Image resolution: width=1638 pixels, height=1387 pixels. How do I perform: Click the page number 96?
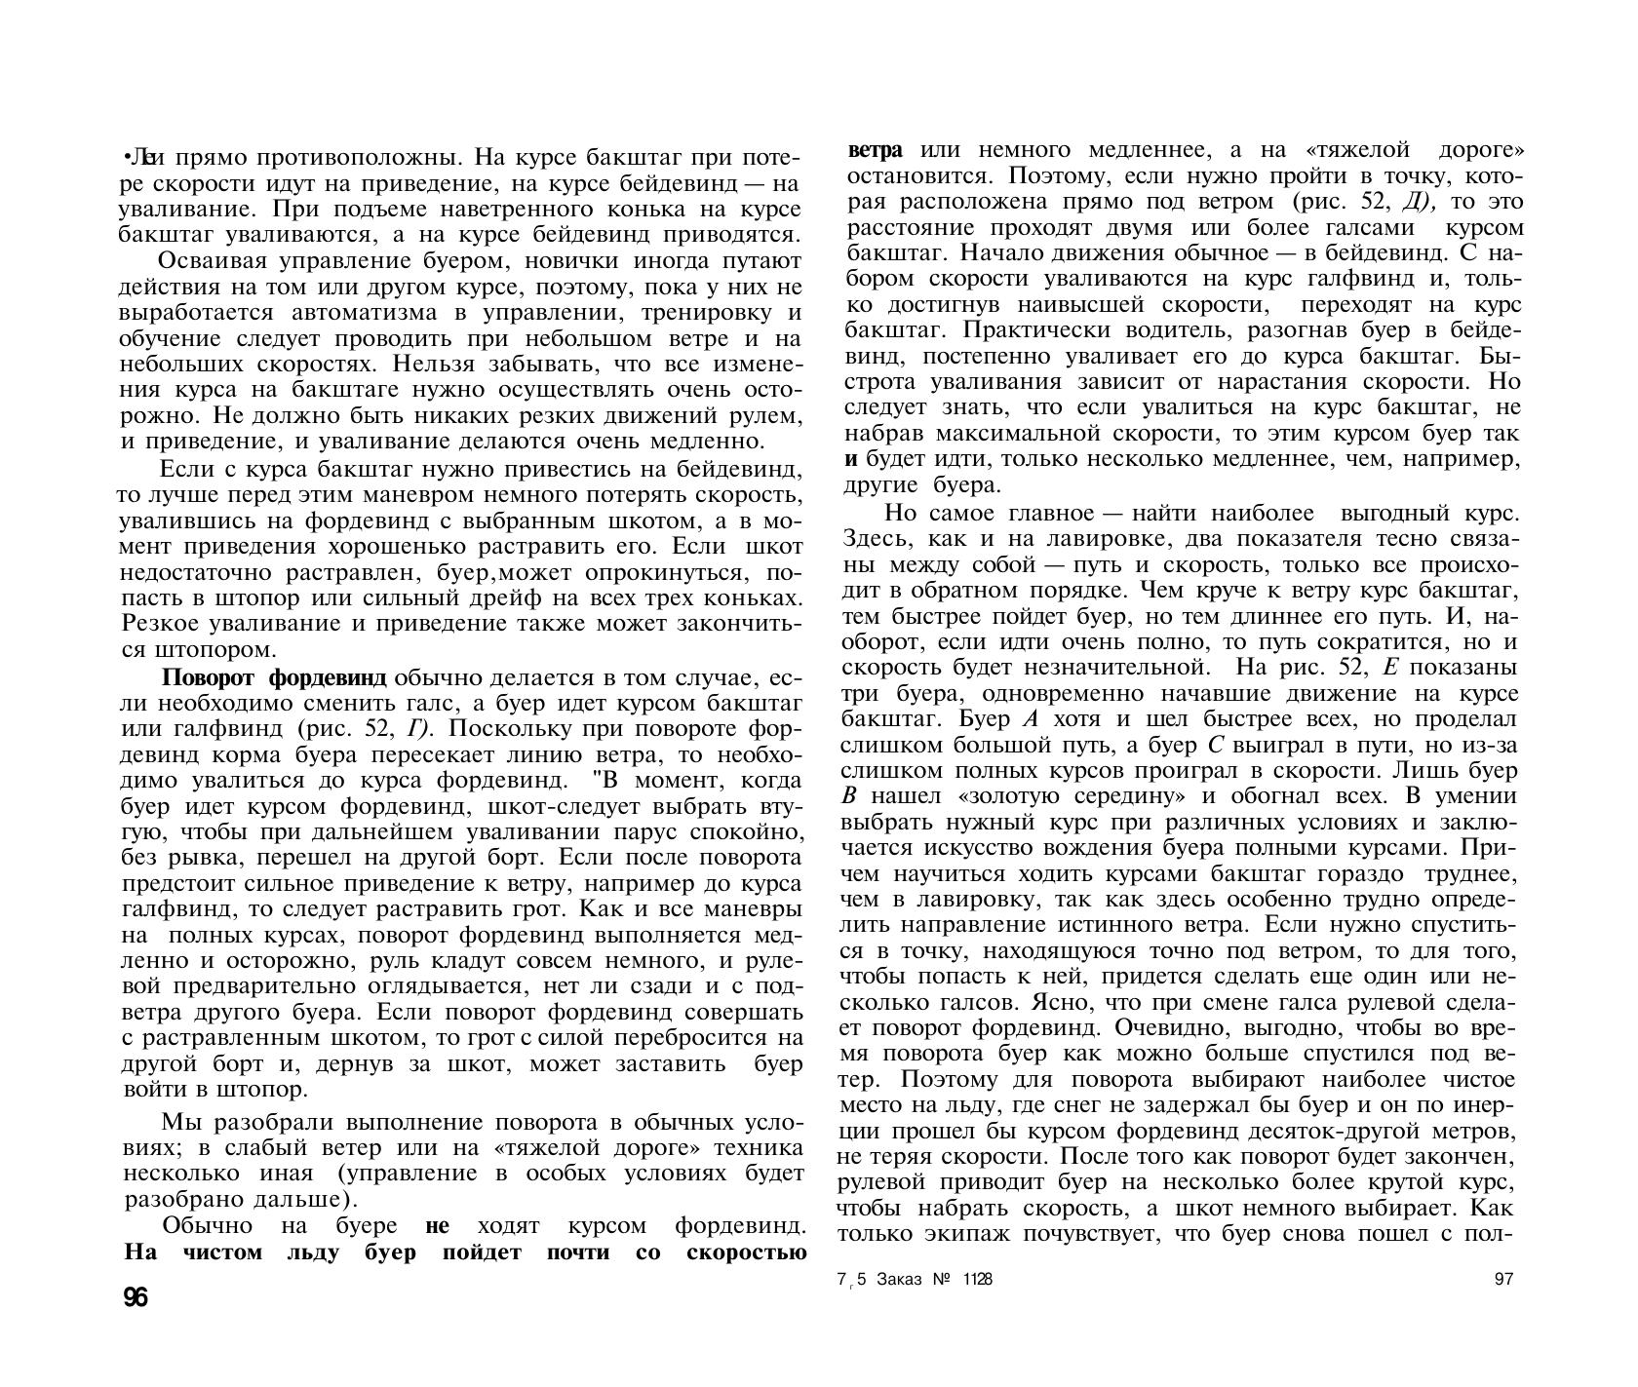[135, 1297]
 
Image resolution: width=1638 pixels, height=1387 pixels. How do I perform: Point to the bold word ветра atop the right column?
[876, 151]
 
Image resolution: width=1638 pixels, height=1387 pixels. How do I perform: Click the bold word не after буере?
[438, 1226]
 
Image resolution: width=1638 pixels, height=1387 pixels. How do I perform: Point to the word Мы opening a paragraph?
[179, 1122]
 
